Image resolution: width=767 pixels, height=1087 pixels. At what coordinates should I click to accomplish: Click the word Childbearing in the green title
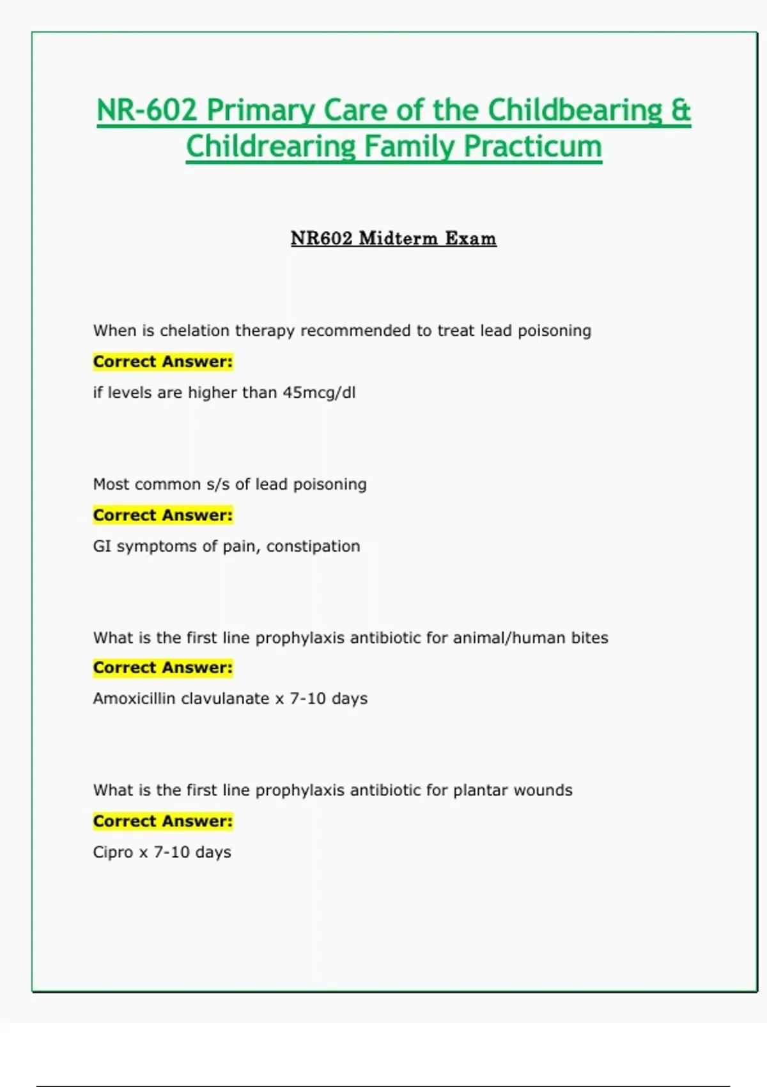(575, 110)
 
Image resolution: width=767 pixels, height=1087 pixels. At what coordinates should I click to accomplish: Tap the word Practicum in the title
(532, 146)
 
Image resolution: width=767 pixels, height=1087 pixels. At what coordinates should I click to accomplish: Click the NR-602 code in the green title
(146, 110)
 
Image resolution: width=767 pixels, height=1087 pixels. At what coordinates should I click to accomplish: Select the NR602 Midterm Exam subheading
(393, 239)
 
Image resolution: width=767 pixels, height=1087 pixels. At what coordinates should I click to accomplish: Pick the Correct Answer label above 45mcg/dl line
(163, 362)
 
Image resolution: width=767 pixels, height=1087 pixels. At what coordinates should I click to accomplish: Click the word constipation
(313, 546)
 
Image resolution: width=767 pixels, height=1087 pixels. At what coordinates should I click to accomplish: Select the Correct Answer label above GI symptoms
(163, 515)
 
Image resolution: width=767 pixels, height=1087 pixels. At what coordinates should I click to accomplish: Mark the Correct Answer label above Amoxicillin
(163, 668)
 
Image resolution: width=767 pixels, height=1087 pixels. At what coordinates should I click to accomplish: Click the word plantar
(481, 790)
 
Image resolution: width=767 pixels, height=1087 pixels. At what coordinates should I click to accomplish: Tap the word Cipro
(113, 852)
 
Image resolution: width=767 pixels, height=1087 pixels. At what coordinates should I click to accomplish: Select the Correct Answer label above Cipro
(163, 821)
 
